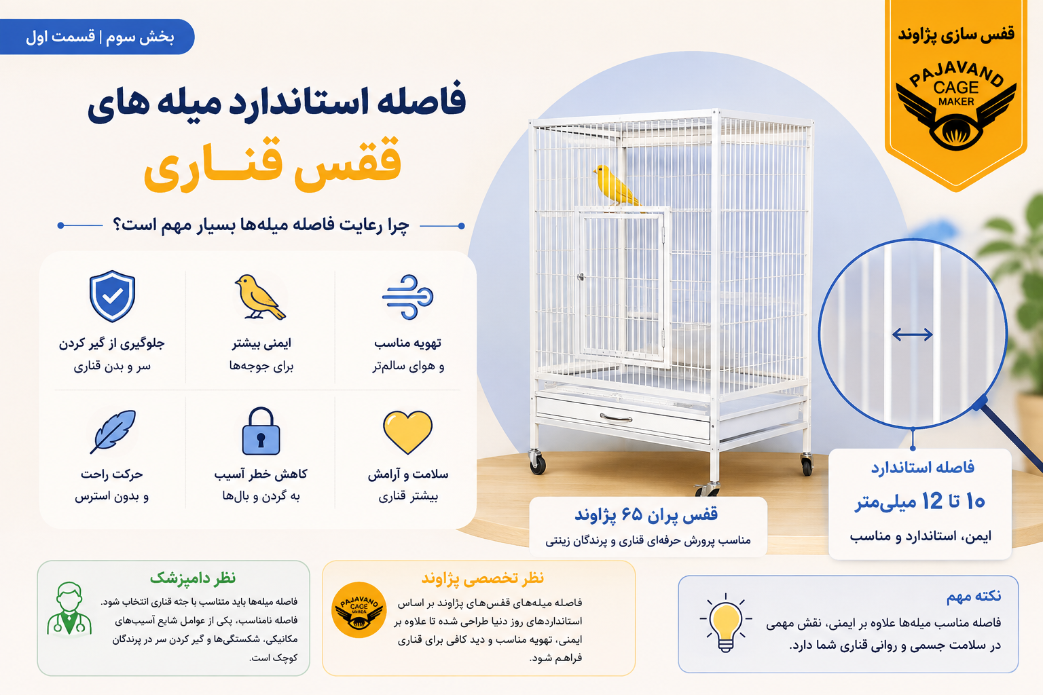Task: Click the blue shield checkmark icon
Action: pyautogui.click(x=112, y=296)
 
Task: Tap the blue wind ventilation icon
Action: pyautogui.click(x=408, y=297)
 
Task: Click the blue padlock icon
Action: pyautogui.click(x=261, y=431)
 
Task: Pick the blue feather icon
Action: pyautogui.click(x=113, y=431)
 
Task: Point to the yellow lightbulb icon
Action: pyautogui.click(x=725, y=623)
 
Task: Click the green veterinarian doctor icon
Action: pyautogui.click(x=69, y=609)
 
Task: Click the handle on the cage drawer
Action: pyautogui.click(x=616, y=417)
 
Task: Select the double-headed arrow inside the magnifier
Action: pyautogui.click(x=912, y=334)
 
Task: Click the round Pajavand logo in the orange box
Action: pyautogui.click(x=359, y=609)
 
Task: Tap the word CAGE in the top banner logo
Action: pyautogui.click(x=956, y=88)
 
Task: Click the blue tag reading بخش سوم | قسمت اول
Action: pyautogui.click(x=97, y=37)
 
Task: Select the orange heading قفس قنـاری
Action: pyautogui.click(x=272, y=164)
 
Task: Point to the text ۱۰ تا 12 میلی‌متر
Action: pyautogui.click(x=919, y=502)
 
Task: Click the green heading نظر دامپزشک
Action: pyautogui.click(x=192, y=578)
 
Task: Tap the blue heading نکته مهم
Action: pyautogui.click(x=974, y=597)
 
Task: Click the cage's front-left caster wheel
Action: pyautogui.click(x=537, y=463)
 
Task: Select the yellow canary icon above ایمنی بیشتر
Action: pyautogui.click(x=260, y=297)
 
